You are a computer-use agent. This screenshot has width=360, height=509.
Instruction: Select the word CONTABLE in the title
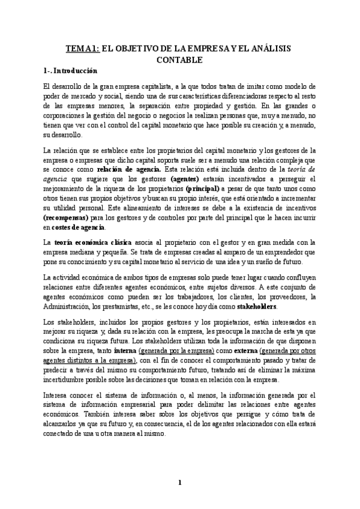pyautogui.click(x=180, y=60)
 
